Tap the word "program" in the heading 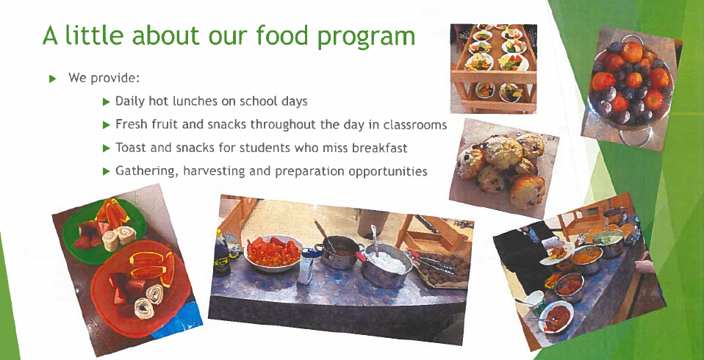(367, 37)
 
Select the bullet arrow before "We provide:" (52, 79)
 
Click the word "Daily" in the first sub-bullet (130, 101)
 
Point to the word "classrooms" (415, 124)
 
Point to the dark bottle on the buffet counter (221, 255)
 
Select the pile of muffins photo (503, 168)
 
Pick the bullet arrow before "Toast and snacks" (106, 148)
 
